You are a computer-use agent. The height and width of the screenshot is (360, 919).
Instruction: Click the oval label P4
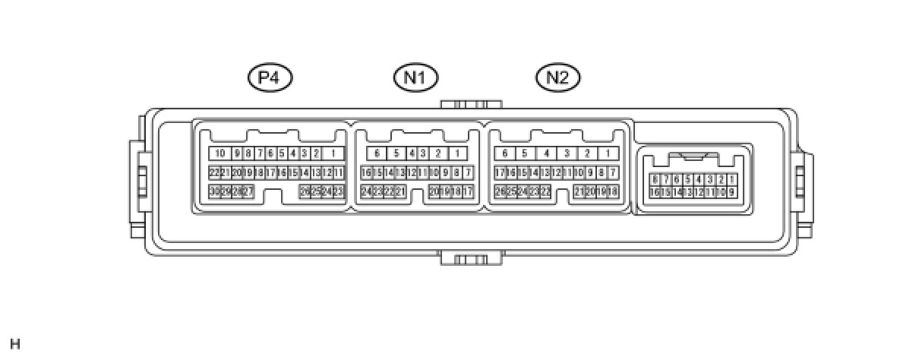click(x=270, y=77)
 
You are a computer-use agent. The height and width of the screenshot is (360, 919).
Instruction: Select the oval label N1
click(x=415, y=77)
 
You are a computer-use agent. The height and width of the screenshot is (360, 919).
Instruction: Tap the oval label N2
click(x=557, y=77)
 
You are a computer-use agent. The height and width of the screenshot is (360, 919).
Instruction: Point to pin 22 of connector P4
click(x=214, y=172)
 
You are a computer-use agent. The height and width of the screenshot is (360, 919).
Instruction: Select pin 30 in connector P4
click(x=214, y=191)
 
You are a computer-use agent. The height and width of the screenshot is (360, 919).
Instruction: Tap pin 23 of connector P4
click(x=339, y=191)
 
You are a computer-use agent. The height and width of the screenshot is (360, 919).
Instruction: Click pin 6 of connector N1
click(x=377, y=153)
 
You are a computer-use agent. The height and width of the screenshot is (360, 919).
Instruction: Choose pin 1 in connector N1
click(x=457, y=153)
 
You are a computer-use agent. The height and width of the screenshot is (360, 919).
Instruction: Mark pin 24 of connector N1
click(x=366, y=191)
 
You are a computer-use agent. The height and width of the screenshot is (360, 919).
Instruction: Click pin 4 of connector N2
click(x=546, y=153)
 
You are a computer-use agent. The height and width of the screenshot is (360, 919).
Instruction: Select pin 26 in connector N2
click(x=500, y=191)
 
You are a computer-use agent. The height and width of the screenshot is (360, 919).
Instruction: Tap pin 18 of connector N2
click(x=613, y=191)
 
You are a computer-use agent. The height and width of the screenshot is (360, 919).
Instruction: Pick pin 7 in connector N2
click(x=613, y=172)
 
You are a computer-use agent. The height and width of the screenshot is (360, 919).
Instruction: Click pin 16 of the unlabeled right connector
click(x=654, y=192)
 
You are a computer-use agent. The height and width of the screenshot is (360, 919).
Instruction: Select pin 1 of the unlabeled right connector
click(x=731, y=180)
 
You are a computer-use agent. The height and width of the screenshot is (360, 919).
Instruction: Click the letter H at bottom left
click(x=15, y=344)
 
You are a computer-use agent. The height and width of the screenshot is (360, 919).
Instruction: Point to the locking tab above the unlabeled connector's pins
click(x=693, y=156)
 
